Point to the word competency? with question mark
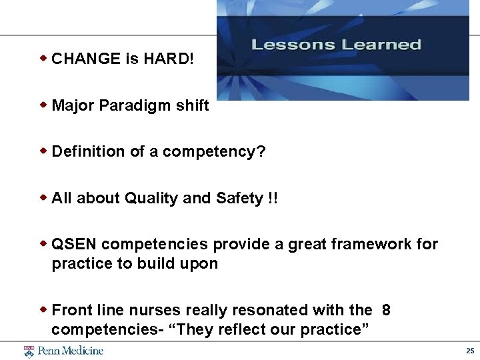[x=214, y=152]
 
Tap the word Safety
[x=239, y=198]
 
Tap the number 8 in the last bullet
[x=387, y=310]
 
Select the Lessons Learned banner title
[x=337, y=45]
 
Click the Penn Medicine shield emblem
[x=29, y=351]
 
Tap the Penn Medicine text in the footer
[x=70, y=351]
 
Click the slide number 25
[x=470, y=351]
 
